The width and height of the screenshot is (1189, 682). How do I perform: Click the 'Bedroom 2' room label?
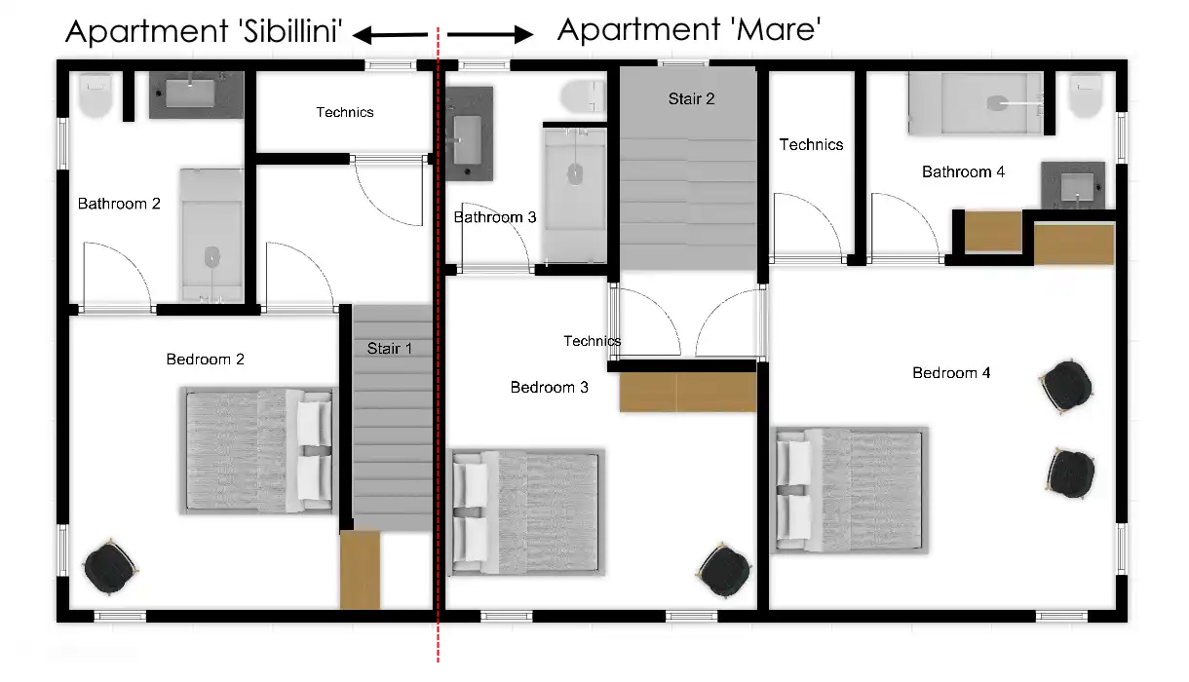[205, 360]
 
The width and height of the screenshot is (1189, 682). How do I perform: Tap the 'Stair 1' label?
[390, 348]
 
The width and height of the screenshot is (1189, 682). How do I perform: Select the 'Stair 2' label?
[691, 98]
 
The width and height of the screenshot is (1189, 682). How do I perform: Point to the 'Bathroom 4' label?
[963, 171]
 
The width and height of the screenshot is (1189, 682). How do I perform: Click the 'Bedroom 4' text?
[951, 372]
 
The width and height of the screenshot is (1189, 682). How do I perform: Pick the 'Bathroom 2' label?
[119, 204]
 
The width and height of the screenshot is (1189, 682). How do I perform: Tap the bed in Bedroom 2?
[258, 450]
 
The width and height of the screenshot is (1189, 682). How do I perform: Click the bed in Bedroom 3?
[527, 512]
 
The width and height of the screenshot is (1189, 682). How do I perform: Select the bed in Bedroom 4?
[849, 490]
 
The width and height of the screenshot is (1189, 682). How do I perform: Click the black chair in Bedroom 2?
[110, 567]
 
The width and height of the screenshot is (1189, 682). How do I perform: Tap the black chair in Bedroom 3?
[723, 570]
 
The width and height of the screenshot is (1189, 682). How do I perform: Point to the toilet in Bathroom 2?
[96, 95]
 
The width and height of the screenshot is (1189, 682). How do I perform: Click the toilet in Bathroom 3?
[583, 96]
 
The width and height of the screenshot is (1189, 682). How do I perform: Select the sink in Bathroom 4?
[1073, 186]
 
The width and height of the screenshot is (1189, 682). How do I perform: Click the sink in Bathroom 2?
[196, 95]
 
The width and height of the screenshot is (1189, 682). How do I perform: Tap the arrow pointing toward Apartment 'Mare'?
[490, 34]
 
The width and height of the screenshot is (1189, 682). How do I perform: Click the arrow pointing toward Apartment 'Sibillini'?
[390, 35]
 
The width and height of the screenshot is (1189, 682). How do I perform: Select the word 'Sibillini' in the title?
[290, 31]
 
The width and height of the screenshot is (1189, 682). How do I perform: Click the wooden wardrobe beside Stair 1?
[360, 569]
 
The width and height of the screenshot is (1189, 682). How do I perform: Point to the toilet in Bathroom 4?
[1086, 95]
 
